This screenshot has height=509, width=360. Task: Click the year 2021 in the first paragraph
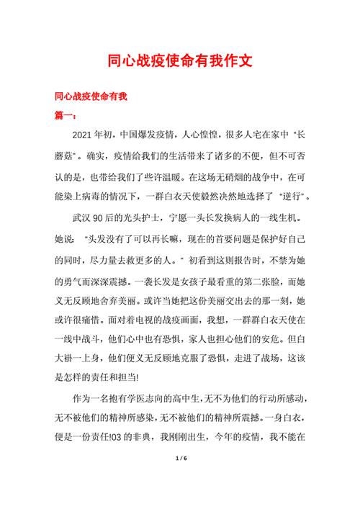click(85, 135)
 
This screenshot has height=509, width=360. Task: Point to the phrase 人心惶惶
click(185, 135)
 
